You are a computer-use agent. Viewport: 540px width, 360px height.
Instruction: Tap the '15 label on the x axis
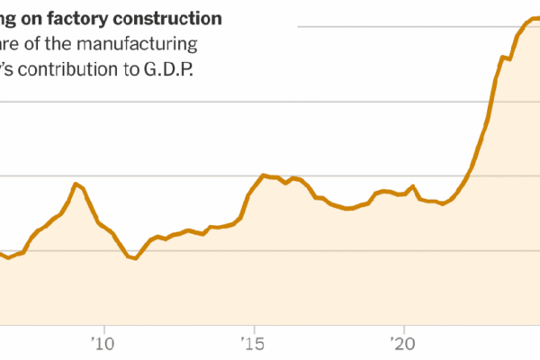[x=254, y=343]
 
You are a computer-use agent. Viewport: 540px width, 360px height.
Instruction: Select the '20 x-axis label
[x=403, y=343]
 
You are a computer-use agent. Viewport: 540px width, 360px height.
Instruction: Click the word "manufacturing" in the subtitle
[x=155, y=43]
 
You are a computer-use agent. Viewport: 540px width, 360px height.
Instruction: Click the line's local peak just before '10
[x=76, y=184]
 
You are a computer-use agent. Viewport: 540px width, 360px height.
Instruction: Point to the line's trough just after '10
[x=135, y=259]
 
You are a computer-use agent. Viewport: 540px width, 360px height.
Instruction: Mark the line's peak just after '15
[x=263, y=175]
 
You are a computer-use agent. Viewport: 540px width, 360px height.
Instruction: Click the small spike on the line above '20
[x=413, y=186]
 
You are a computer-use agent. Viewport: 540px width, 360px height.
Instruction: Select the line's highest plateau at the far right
[x=531, y=19]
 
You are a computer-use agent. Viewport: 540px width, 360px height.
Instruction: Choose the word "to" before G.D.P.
[x=127, y=68]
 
